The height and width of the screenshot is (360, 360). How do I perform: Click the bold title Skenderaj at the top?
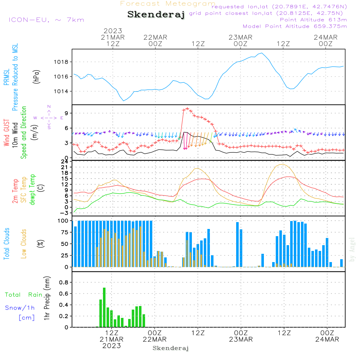tap(156, 15)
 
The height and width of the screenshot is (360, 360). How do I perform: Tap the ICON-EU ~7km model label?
tap(46, 20)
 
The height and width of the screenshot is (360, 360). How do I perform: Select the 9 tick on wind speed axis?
tap(67, 113)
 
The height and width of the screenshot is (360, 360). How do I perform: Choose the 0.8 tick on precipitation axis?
tap(63, 283)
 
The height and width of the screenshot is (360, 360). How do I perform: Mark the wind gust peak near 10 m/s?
tap(187, 108)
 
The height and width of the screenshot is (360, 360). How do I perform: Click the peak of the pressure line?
tap(262, 53)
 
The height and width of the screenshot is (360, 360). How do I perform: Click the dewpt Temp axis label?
tap(32, 190)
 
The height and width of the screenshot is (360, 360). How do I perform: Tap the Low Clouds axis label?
tap(24, 244)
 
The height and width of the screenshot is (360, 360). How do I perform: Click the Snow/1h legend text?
tap(20, 308)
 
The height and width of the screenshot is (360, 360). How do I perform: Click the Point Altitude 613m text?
tap(313, 20)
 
